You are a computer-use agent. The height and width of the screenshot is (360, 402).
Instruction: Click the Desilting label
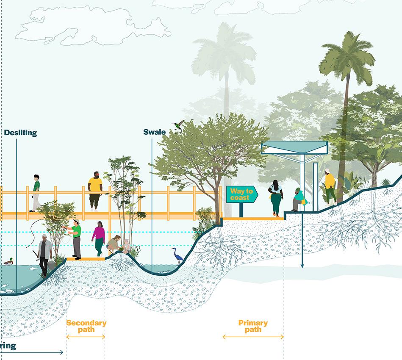click(20, 133)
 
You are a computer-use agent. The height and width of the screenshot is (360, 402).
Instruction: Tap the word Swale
click(154, 132)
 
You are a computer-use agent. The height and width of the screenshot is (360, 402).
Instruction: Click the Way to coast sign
click(242, 195)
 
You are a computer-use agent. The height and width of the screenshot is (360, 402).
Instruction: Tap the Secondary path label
click(86, 326)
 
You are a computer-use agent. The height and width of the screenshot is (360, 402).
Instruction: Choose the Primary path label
click(253, 326)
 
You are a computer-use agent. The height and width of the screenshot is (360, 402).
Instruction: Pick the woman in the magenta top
click(99, 238)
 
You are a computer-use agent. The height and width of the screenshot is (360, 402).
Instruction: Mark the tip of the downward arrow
click(302, 267)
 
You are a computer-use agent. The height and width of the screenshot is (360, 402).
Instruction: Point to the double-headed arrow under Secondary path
click(86, 337)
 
